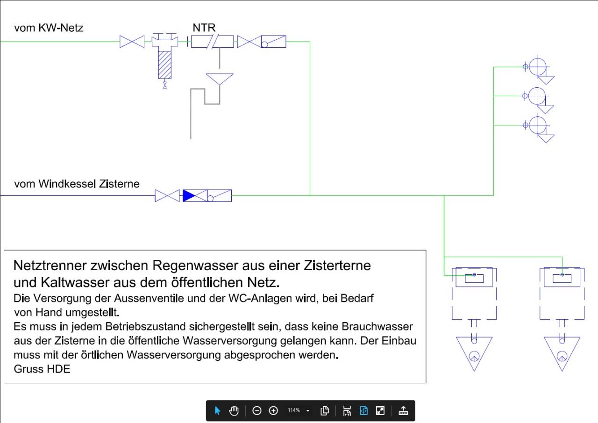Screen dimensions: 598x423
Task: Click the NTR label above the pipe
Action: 204,28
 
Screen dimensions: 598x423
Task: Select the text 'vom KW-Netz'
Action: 49,28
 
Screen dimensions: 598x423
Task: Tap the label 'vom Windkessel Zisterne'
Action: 77,184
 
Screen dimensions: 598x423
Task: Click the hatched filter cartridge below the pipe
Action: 165,65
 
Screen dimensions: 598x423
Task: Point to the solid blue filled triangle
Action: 188,195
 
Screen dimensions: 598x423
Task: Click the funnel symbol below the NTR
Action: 220,79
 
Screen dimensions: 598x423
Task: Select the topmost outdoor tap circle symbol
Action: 538,67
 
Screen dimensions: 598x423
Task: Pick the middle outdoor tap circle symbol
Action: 537,96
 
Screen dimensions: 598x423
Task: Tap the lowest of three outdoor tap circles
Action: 538,125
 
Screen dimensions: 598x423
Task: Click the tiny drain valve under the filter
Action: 165,85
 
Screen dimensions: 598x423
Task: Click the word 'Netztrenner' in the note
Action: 50,265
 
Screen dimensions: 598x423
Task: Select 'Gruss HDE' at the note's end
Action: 42,369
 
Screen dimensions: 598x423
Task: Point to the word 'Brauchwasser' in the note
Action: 377,326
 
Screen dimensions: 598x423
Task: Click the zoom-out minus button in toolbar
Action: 257,410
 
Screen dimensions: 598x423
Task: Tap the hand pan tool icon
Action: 234,410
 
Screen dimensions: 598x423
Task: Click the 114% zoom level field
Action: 294,410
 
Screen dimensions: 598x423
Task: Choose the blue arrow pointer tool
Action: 217,410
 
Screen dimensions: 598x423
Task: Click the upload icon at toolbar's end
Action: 403,410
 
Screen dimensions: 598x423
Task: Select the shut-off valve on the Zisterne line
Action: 167,195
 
